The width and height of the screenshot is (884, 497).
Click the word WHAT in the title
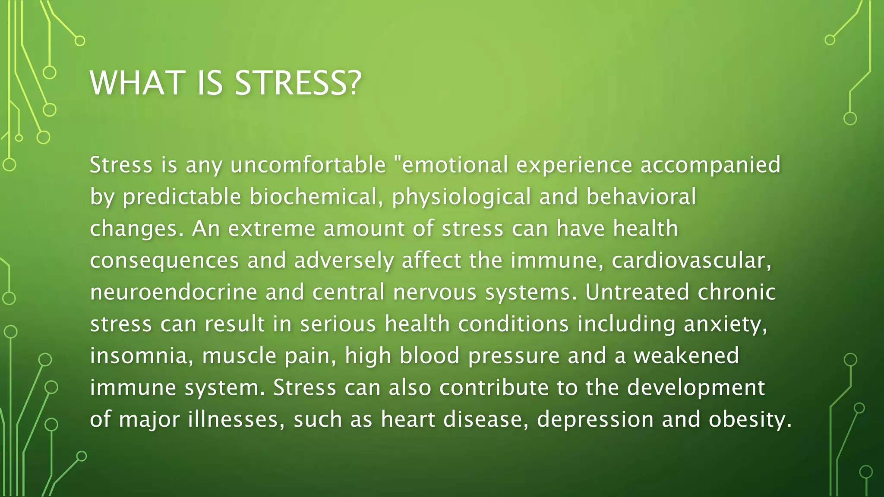click(x=136, y=83)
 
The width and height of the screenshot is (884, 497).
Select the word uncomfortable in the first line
click(x=308, y=165)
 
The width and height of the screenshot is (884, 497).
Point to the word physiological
click(x=461, y=197)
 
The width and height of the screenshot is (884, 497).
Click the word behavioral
click(x=641, y=197)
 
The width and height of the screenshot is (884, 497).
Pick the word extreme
click(x=272, y=229)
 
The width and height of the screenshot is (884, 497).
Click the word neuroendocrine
click(x=174, y=293)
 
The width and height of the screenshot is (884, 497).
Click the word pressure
click(x=514, y=356)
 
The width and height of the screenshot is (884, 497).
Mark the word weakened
click(x=686, y=356)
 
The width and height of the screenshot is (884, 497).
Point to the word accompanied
click(x=710, y=165)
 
